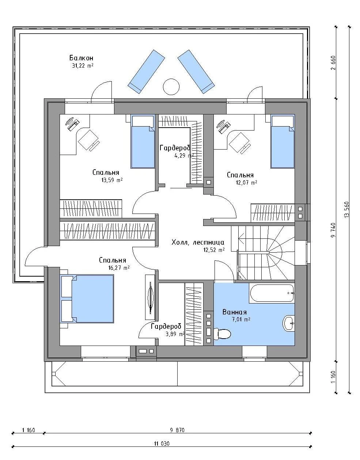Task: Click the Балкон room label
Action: (x=81, y=58)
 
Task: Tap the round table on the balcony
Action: (x=171, y=87)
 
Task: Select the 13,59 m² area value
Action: (x=112, y=180)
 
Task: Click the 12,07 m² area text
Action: (x=246, y=182)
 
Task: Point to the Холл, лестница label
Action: (x=198, y=242)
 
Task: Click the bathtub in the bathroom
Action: (x=272, y=293)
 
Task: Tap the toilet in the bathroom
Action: (x=222, y=334)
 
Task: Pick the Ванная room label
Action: (x=235, y=312)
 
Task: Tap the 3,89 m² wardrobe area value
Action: (x=175, y=334)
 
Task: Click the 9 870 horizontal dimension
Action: (x=177, y=430)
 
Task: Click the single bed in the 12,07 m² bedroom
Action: (x=283, y=142)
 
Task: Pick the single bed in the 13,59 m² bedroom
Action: (x=143, y=142)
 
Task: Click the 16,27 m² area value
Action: (x=119, y=268)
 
